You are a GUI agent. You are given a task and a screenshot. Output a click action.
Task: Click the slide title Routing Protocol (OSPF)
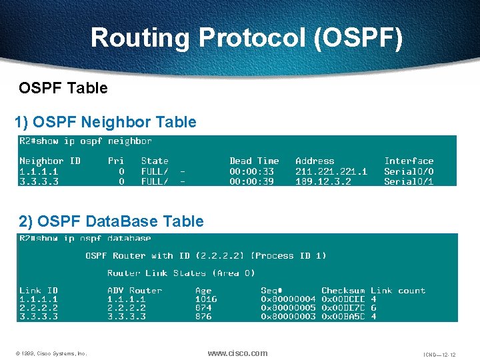click(247, 38)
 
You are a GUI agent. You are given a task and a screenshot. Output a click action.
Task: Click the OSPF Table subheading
click(63, 88)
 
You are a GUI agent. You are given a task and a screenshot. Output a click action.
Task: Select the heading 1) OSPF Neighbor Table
click(105, 122)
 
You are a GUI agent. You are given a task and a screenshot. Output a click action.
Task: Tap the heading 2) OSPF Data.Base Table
click(111, 221)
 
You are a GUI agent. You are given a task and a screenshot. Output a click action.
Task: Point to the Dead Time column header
click(254, 161)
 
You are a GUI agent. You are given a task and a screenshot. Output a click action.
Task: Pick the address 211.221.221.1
click(331, 171)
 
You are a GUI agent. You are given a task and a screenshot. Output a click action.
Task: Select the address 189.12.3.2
click(323, 181)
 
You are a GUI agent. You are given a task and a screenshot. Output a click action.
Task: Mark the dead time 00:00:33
click(251, 171)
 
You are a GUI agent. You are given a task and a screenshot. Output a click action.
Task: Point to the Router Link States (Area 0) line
click(181, 273)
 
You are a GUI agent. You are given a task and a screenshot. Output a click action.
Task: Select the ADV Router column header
click(135, 291)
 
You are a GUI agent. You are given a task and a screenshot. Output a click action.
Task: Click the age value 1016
click(206, 299)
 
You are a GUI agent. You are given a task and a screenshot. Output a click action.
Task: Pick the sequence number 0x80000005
click(287, 308)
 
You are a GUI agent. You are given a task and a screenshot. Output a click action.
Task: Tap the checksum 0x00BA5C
click(343, 317)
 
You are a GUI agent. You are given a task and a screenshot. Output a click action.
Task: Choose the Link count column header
click(398, 291)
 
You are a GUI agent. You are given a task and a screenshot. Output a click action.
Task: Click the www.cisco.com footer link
click(237, 353)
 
